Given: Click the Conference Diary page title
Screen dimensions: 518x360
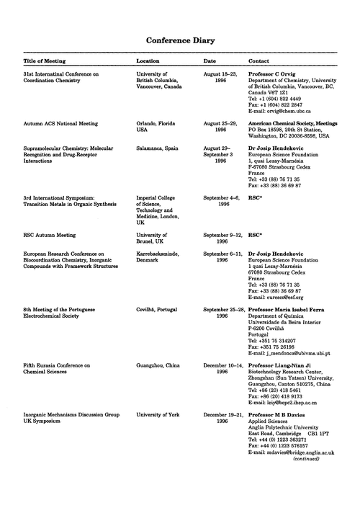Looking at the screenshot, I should click(179, 41).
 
